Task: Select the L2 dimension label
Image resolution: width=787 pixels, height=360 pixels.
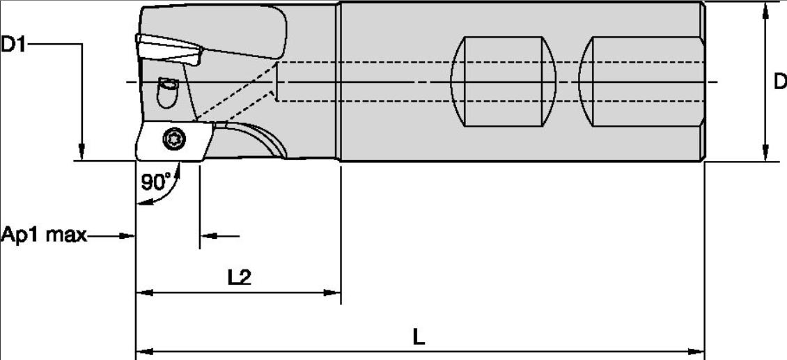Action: (239, 277)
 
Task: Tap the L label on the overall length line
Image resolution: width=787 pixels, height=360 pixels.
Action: (419, 338)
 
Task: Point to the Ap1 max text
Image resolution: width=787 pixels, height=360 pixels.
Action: (44, 235)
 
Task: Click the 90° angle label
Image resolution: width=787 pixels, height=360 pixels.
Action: (156, 182)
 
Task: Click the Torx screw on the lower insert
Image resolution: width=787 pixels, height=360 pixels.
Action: (174, 138)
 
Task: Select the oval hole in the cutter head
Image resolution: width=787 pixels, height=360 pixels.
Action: (168, 93)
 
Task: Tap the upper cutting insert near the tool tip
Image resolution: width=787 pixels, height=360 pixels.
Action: (169, 49)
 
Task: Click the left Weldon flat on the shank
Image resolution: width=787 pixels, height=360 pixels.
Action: (504, 81)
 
